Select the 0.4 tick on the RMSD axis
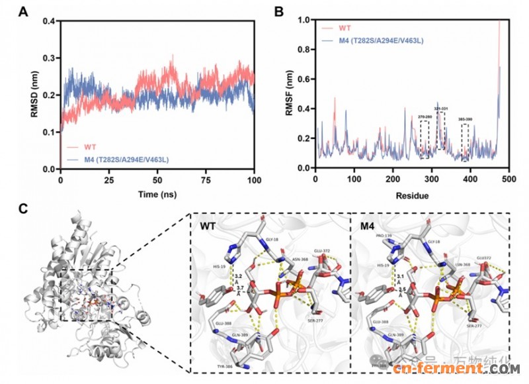[x=50, y=21]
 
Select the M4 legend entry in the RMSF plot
[x=380, y=41]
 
